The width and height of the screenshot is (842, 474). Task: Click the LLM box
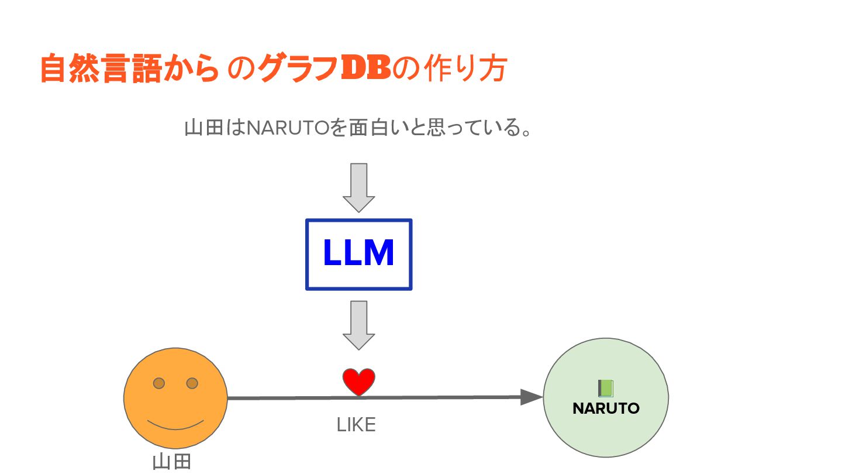[358, 254]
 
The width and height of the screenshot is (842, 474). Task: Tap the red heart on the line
[358, 382]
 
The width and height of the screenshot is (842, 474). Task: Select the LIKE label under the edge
[356, 425]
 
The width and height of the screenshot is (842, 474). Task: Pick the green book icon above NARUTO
[605, 388]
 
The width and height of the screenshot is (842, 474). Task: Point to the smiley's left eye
[158, 383]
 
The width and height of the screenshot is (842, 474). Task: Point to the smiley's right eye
[192, 383]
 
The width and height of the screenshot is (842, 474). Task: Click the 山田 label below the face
[172, 462]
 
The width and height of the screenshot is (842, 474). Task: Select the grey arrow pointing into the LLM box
[358, 187]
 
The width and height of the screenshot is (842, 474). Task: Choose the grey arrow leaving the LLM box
[358, 325]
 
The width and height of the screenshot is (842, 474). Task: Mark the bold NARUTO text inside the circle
[606, 408]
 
